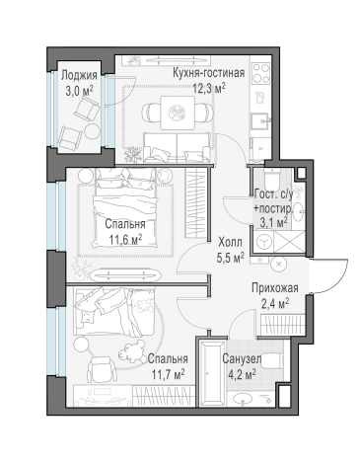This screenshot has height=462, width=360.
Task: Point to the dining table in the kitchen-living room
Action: click(176, 112)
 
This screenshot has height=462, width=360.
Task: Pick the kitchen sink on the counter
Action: click(260, 122)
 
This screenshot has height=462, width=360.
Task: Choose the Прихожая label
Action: click(275, 287)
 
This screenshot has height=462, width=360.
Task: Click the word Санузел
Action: click(242, 359)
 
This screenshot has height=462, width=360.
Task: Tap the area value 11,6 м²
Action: click(124, 238)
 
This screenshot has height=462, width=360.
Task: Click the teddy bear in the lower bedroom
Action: click(128, 353)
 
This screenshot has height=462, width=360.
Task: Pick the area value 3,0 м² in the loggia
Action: click(78, 90)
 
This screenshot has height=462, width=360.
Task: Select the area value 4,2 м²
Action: click(242, 374)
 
